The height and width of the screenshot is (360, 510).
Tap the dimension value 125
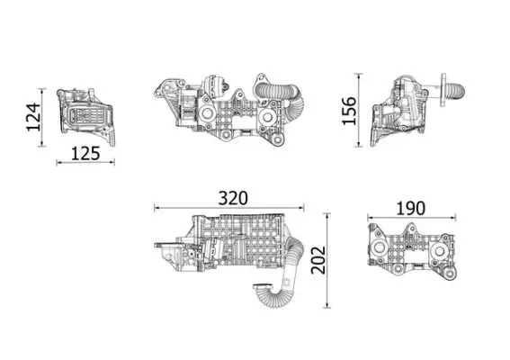[x=85, y=153]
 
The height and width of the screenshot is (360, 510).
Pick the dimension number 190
[x=410, y=207]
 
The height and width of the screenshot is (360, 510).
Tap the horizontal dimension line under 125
[x=85, y=163]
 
